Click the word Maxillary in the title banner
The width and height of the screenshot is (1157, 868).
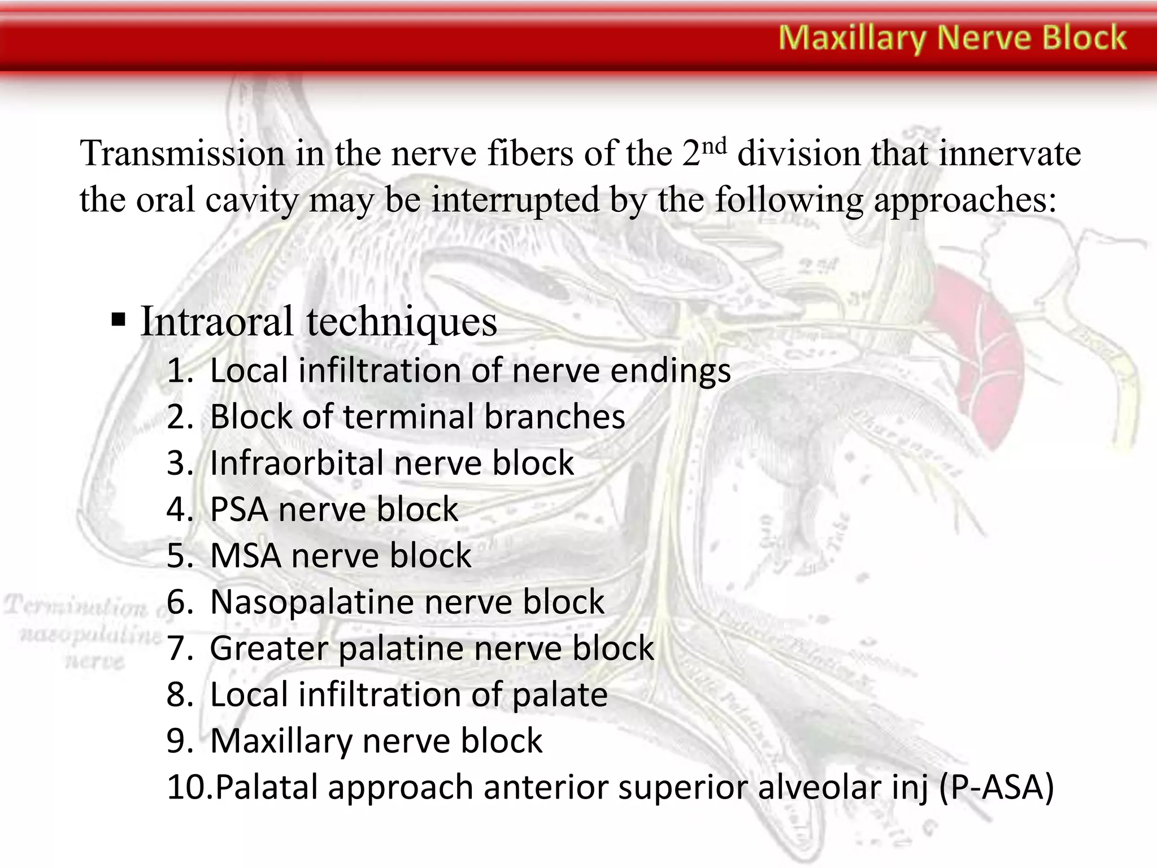point(852,38)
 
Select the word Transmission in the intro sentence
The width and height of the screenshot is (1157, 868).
point(182,154)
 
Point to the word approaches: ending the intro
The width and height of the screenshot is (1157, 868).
point(965,201)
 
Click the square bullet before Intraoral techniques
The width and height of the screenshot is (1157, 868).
point(118,320)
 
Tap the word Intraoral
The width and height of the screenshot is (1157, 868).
point(217,322)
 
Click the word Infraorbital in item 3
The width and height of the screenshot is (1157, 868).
point(296,463)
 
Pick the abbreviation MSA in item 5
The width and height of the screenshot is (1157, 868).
point(245,556)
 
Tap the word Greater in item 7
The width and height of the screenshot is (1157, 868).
point(269,648)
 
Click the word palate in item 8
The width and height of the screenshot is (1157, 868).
point(559,695)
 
